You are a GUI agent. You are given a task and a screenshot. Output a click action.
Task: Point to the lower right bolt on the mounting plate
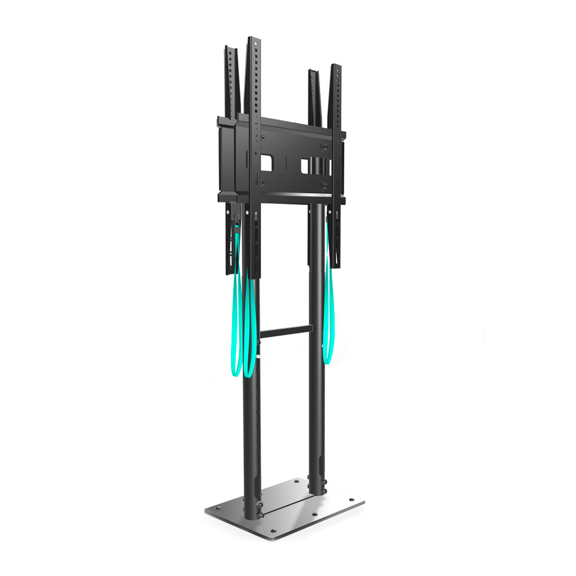[x=325, y=185]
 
